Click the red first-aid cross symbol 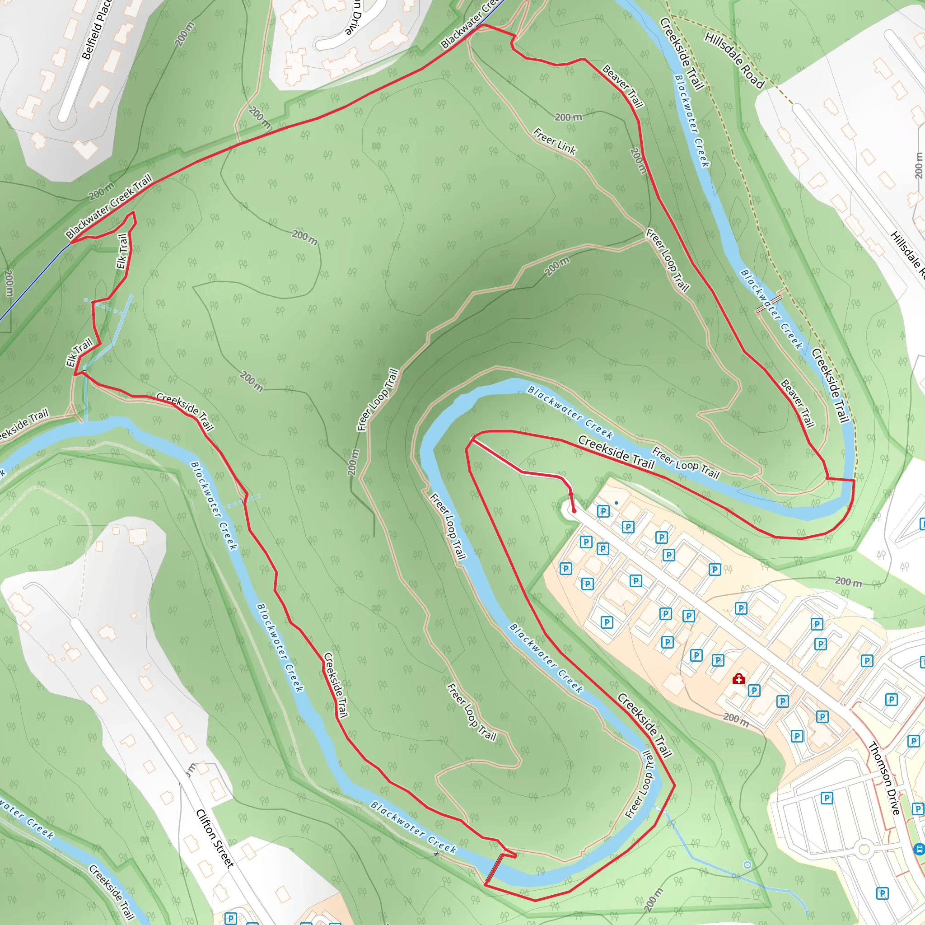(739, 678)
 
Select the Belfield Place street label (97, 30)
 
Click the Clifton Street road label (215, 838)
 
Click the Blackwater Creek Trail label (109, 206)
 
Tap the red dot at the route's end (574, 511)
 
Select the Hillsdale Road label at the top (734, 60)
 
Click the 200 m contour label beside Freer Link (568, 117)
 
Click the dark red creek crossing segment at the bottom (494, 869)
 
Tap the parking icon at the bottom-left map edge (230, 918)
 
